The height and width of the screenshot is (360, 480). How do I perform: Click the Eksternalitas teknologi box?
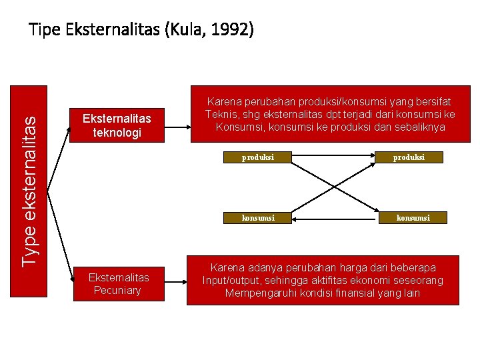117,125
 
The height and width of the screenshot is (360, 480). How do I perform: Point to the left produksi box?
257,157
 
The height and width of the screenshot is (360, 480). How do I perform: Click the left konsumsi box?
257,217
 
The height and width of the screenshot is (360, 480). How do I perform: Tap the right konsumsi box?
413,217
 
